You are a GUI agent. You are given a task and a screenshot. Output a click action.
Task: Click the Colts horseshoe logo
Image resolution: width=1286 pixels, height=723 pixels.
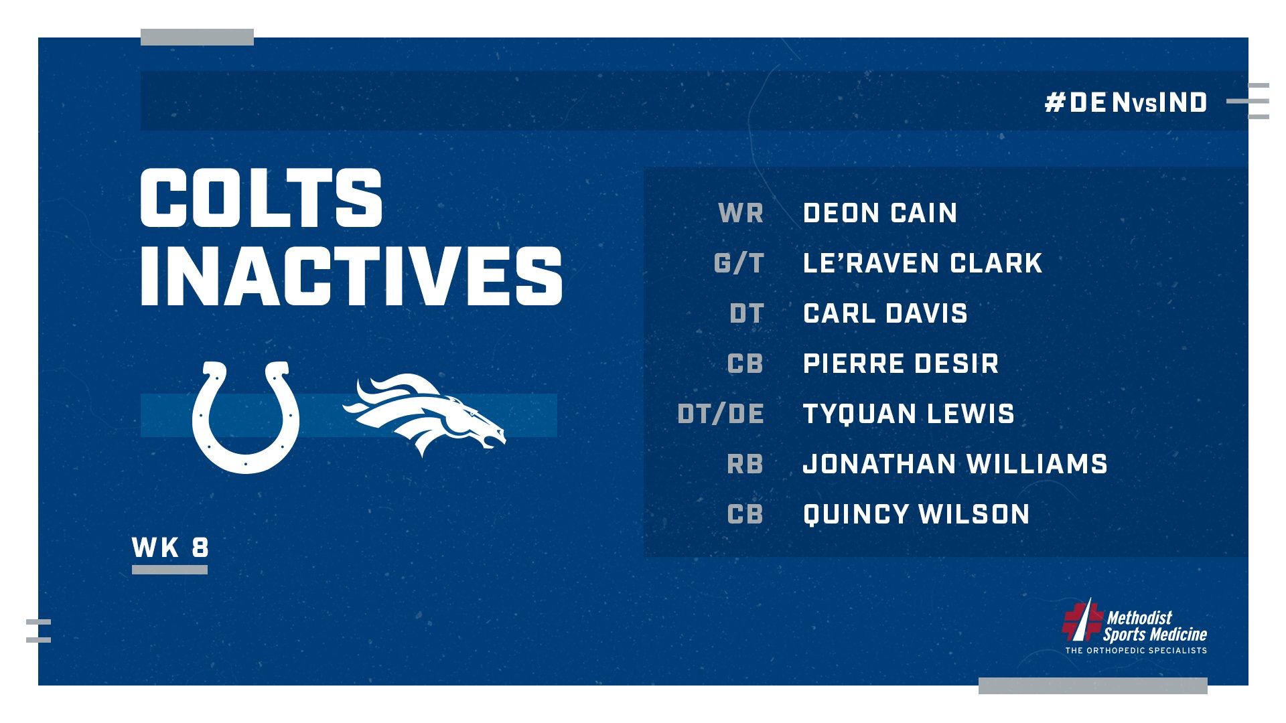245,418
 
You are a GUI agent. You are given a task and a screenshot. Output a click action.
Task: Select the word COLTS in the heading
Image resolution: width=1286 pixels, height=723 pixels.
261,198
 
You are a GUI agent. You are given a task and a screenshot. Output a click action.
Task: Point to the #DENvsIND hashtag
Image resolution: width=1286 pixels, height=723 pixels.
1126,102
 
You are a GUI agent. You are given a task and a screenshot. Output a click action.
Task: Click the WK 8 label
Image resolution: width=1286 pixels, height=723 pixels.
171,548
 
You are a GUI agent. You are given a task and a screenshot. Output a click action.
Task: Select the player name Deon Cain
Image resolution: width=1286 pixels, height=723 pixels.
880,213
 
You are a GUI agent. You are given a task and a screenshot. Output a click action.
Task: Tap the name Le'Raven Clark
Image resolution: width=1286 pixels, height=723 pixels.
922,263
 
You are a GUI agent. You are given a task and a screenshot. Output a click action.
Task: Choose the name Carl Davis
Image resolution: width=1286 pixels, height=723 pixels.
885,313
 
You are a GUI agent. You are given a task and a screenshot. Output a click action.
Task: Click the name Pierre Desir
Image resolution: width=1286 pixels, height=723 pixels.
901,364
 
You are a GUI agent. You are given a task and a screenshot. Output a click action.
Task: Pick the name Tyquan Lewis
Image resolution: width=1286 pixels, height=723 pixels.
908,414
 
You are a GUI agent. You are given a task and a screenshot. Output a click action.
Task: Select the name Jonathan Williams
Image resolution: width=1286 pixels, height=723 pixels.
954,464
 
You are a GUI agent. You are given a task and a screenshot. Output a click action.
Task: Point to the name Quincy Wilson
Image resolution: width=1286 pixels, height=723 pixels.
916,514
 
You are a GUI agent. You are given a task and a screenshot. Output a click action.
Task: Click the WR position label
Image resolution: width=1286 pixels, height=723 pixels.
741,213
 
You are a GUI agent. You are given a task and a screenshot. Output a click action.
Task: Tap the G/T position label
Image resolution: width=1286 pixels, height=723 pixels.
739,263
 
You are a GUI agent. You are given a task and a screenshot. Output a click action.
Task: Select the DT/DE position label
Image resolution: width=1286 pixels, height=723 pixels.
721,414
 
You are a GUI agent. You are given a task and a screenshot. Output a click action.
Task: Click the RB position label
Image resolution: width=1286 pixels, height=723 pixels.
745,464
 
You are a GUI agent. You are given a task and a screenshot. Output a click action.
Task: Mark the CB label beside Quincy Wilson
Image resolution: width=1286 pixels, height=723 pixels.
745,514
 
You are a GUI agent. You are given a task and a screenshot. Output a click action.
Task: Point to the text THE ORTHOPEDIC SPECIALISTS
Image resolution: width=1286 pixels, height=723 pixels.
1136,650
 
